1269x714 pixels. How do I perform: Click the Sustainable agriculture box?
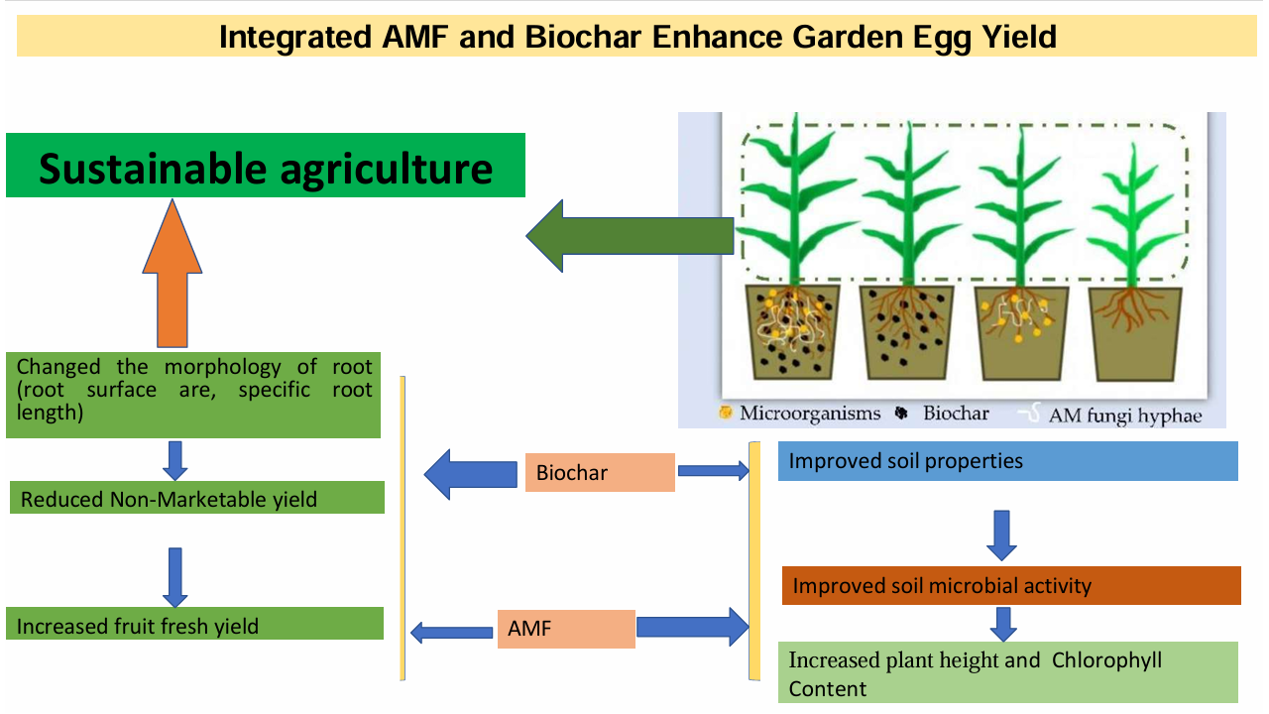(x=265, y=165)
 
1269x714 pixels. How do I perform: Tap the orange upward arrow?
(x=173, y=273)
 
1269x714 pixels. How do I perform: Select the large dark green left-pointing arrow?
(x=630, y=236)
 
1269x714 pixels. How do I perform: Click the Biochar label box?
(x=600, y=472)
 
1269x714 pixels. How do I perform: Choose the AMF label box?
(x=566, y=629)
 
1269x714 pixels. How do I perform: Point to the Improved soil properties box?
(x=1008, y=461)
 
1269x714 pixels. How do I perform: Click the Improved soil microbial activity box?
(x=1011, y=585)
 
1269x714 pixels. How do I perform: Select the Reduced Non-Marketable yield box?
(x=197, y=498)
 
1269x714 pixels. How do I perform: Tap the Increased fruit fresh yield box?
(x=195, y=624)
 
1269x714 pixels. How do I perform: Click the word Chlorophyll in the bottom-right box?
(x=1106, y=660)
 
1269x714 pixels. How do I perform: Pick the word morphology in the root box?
(x=222, y=368)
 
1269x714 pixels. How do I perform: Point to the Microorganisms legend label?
(x=810, y=414)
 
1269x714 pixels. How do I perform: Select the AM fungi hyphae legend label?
(x=1125, y=416)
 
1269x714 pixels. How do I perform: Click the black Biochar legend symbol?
(x=901, y=414)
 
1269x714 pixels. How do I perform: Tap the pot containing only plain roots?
(x=1135, y=334)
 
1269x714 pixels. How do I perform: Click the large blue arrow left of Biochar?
(x=470, y=474)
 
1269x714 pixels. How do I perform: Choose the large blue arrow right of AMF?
(x=692, y=627)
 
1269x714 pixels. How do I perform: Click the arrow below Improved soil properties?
(x=1001, y=535)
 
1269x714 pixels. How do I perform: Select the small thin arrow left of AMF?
(x=451, y=633)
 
